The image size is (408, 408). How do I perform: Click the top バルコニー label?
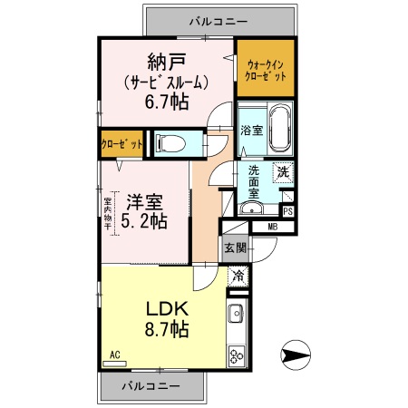pos(219,18)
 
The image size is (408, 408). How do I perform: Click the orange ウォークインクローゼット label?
pos(266,70)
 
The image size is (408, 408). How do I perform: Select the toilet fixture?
pos(171,142)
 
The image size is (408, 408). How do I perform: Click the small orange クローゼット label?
pos(121,143)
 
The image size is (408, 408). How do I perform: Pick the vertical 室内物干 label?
pos(108,215)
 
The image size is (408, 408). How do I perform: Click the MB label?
pos(273,227)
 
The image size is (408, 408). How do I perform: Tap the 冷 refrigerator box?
pos(238,277)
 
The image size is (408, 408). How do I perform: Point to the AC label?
pos(115,354)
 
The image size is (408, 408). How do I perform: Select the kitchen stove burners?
pos(238,355)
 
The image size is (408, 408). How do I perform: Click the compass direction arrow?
pos(295,353)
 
